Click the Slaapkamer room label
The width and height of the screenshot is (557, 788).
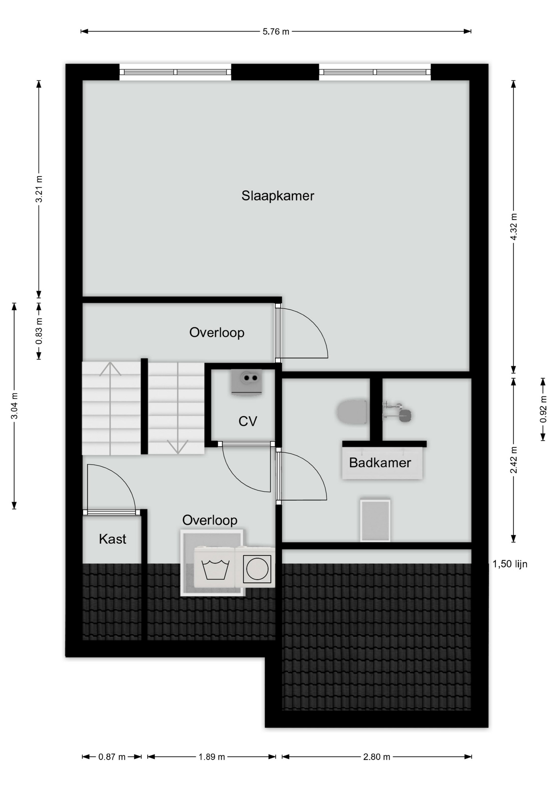point(278,196)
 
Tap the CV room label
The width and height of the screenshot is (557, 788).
point(248,421)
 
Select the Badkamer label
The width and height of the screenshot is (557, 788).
point(380,463)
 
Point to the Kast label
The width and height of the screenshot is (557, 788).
point(112,539)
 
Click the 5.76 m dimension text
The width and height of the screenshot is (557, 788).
point(276,32)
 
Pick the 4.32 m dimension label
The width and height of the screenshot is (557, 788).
point(514,228)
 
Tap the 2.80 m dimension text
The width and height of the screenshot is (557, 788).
point(377,757)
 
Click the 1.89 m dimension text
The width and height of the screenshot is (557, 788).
point(212,757)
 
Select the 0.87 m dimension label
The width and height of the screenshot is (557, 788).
point(112,757)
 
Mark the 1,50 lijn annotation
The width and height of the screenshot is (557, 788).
point(510,564)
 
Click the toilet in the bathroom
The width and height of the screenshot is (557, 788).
point(352,412)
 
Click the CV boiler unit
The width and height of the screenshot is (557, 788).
point(247,382)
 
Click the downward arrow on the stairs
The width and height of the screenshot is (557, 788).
point(178,408)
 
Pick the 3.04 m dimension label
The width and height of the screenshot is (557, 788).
point(14,406)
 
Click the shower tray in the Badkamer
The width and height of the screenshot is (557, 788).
point(375,520)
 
